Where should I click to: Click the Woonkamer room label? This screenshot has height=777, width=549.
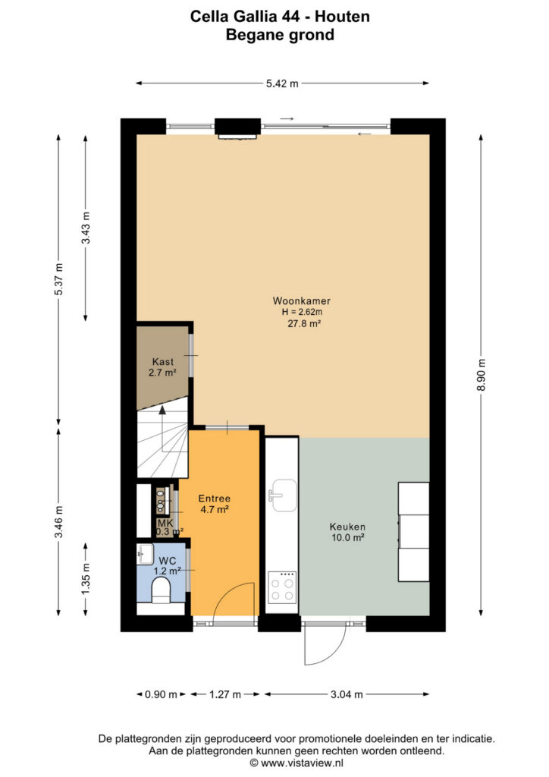[x=302, y=300]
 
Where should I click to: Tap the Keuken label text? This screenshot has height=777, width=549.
[x=347, y=527]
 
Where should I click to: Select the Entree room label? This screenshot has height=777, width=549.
[x=215, y=499]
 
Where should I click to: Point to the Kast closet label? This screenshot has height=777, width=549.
[x=162, y=362]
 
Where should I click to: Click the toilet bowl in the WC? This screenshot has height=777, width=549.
[x=160, y=591]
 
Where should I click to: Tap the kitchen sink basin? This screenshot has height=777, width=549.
[x=284, y=495]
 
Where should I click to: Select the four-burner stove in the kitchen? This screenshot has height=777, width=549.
[x=282, y=587]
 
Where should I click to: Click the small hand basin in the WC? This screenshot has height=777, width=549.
[x=146, y=554]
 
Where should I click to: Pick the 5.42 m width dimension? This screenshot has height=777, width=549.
[x=282, y=83]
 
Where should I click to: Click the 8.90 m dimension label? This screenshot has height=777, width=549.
[x=482, y=374]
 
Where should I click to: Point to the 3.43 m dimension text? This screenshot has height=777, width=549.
[x=86, y=228]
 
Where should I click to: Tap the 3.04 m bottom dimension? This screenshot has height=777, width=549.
[x=347, y=694]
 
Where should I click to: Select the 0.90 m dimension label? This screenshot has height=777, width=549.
[x=161, y=694]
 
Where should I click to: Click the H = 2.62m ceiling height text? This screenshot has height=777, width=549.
[x=302, y=312]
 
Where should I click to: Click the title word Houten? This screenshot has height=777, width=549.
[x=343, y=17]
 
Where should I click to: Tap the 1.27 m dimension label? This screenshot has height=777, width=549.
[x=224, y=694]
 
